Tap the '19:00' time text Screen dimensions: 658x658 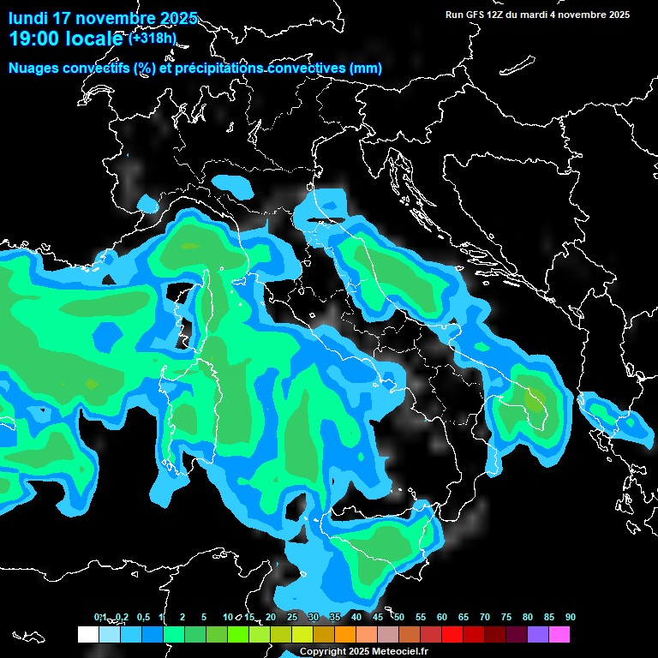pos(32,39)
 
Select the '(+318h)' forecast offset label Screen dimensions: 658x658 pos(152,38)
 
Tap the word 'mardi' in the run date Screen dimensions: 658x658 pos(535,15)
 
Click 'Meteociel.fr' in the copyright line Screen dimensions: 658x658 pos(406,651)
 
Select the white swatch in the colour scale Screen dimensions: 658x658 pos(87,635)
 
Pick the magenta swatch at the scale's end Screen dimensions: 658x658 pos(559,635)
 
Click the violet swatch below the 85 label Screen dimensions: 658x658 pos(538,635)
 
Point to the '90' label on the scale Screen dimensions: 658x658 pos(571,617)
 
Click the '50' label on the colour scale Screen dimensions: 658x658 pos(399,617)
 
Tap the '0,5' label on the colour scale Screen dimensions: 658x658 pos(142,617)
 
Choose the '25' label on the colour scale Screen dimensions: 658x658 pos(292,617)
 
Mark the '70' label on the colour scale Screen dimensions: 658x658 pos(485,617)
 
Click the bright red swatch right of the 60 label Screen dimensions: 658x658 pos(452,635)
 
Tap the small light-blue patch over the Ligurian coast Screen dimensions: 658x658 pos(148,203)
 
